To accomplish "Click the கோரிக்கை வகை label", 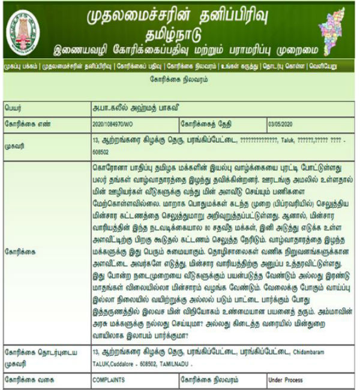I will pos(27,379).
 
